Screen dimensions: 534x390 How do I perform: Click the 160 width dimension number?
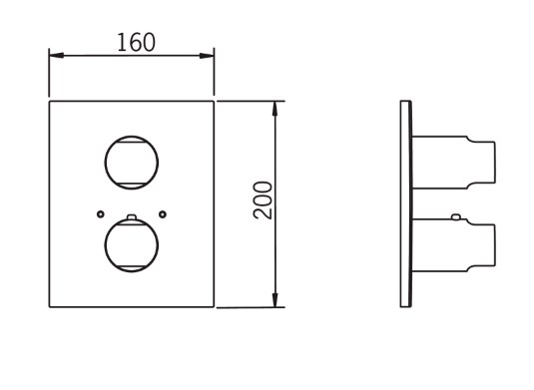136,43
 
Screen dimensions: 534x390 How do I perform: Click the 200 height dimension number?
263,200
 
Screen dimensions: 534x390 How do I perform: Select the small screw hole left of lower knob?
100,214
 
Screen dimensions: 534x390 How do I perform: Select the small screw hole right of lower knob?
163,214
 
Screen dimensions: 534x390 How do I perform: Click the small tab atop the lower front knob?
132,216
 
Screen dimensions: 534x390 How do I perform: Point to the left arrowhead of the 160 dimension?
57,55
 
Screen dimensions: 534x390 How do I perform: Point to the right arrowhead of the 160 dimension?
207,55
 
